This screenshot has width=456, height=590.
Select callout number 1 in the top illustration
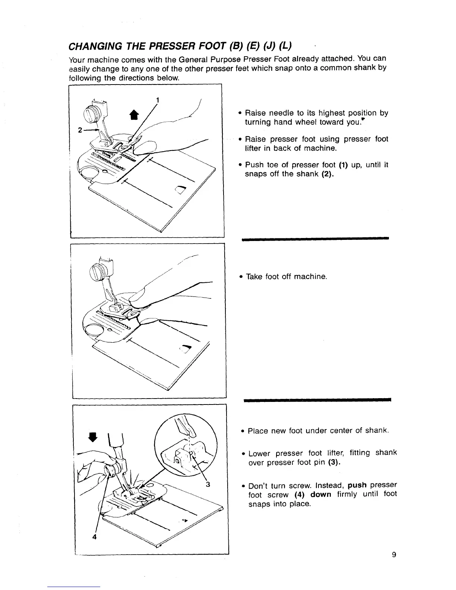(x=158, y=99)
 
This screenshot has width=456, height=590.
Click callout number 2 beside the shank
(x=80, y=130)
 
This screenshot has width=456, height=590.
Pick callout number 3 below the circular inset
(x=208, y=485)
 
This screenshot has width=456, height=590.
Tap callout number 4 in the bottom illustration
(x=95, y=537)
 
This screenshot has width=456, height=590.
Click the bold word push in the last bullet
(x=357, y=485)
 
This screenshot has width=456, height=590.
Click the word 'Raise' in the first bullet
(x=256, y=113)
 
